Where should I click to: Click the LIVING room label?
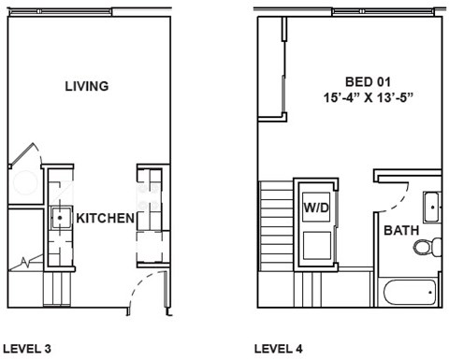point(87,86)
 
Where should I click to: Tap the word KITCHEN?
point(105,218)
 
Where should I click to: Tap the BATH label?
point(401,229)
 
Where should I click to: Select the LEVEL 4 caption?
point(279,349)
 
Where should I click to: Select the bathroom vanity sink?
point(431,206)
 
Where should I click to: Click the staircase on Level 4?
point(276,224)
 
